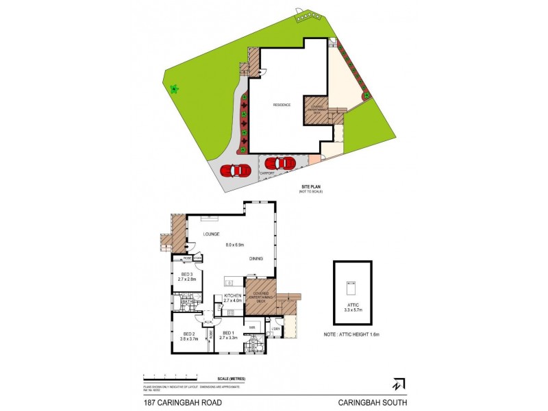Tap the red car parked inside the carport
[279, 164]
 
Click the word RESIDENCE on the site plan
[282, 105]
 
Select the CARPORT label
[266, 174]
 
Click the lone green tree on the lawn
[174, 89]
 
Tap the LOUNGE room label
[210, 234]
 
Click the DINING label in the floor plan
[257, 258]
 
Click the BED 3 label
[187, 274]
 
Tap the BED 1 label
[227, 334]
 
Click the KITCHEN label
[233, 296]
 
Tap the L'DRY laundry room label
[277, 328]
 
